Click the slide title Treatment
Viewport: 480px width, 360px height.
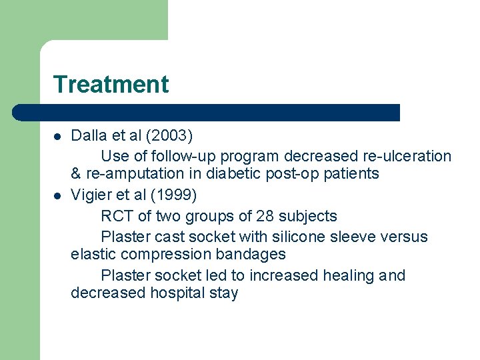point(111,85)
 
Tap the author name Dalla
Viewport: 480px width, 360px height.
point(87,136)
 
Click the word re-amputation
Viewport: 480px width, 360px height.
point(132,174)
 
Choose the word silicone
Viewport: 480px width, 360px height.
point(295,237)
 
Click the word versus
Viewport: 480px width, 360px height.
point(403,237)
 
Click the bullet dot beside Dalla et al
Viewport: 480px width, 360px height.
point(58,137)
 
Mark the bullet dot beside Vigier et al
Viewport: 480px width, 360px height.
point(58,196)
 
